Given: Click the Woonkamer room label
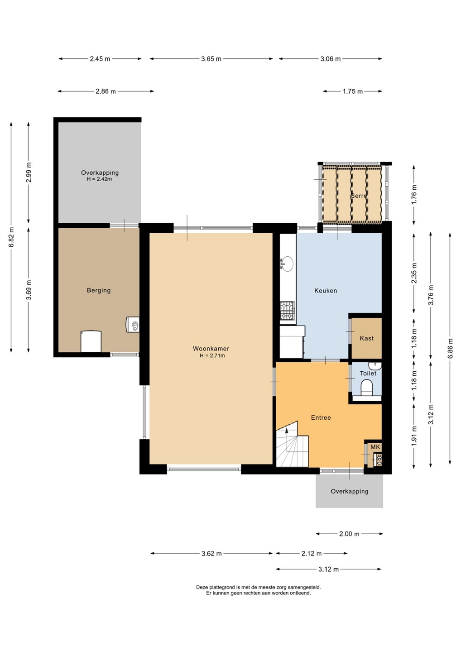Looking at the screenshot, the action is click(211, 349).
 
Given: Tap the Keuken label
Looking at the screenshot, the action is click(326, 291).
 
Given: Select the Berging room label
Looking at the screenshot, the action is click(99, 290).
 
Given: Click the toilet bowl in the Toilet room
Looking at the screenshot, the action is click(366, 387).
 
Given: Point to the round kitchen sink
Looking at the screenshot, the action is click(288, 264).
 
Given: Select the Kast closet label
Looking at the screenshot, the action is click(367, 338).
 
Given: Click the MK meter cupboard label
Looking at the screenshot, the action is click(375, 447).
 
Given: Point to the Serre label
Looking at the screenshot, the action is click(359, 196).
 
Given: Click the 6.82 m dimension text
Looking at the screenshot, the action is click(11, 237).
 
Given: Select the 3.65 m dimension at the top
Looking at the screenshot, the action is click(211, 59).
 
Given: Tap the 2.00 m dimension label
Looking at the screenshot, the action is click(349, 534).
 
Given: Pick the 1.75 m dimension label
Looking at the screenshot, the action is click(353, 91).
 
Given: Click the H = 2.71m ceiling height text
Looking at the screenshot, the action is click(212, 355).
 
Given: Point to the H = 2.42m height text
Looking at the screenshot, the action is click(99, 179).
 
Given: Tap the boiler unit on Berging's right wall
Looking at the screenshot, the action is click(133, 325).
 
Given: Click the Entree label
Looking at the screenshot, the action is click(321, 417).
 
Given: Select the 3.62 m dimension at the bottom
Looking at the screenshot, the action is click(211, 554).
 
